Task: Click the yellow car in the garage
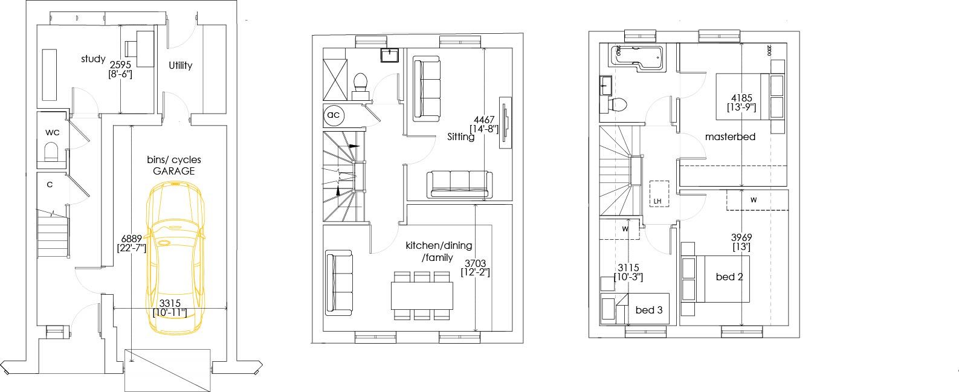tap(175, 257)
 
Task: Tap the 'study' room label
tap(93, 59)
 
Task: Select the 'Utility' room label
tap(180, 65)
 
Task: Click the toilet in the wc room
tap(51, 153)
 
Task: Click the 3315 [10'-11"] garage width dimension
tap(170, 308)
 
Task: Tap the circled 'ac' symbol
tap(334, 115)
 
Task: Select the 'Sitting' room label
tap(461, 137)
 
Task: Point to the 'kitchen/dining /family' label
tap(439, 251)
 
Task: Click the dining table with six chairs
tap(422, 295)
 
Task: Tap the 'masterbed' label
tap(730, 137)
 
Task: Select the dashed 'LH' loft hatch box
tap(659, 194)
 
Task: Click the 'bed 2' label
tap(729, 277)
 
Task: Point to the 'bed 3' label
tap(649, 310)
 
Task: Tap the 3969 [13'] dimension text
tap(741, 242)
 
